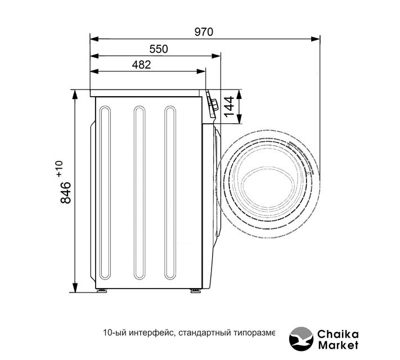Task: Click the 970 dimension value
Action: [204, 32]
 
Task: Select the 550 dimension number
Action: [159, 49]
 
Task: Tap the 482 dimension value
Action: [141, 65]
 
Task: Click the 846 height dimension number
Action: [66, 192]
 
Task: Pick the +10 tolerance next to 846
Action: [59, 169]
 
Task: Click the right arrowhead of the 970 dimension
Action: [316, 39]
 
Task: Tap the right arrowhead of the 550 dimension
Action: [217, 56]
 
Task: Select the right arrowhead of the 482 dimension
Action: [201, 71]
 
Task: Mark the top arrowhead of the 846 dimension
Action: [75, 94]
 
